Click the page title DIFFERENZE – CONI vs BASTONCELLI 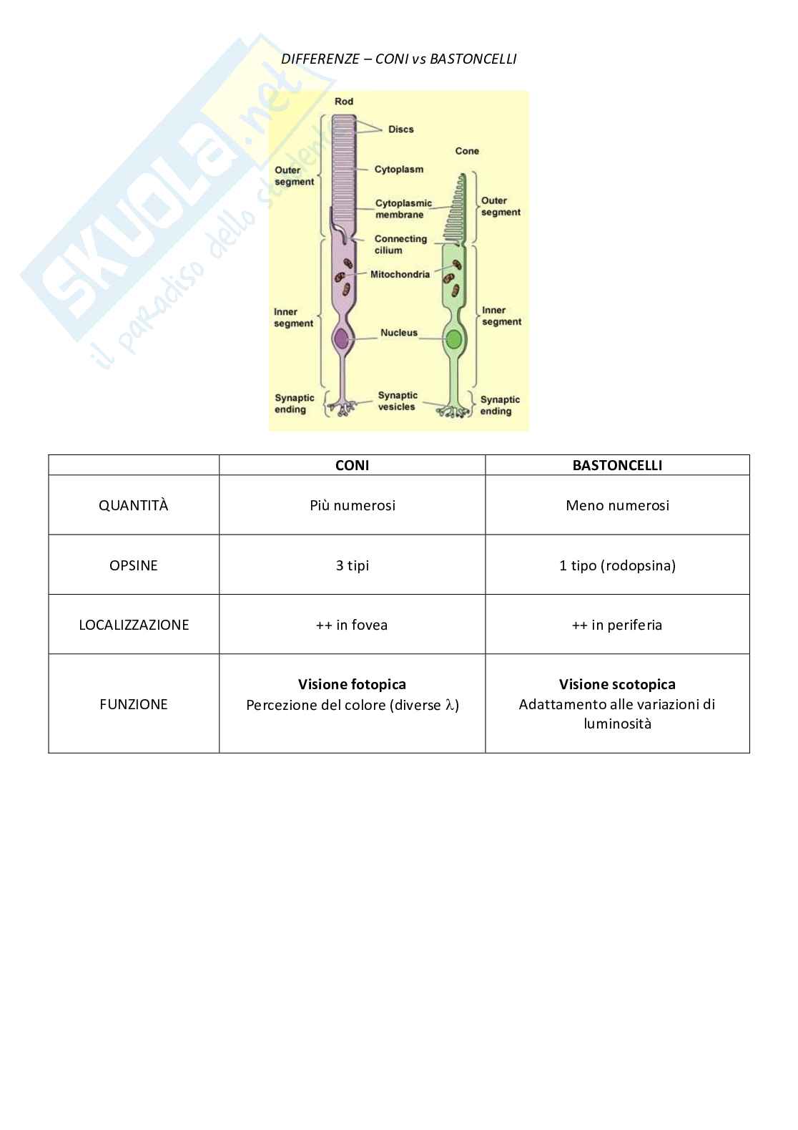(398, 59)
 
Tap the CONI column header (352, 465)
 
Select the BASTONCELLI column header (617, 465)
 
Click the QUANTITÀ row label (134, 505)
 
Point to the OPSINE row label (134, 565)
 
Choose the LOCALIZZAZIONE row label (134, 625)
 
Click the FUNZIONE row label (134, 704)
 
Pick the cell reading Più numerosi (352, 505)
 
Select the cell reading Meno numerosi (617, 505)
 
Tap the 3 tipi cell (352, 565)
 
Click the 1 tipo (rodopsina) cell (617, 565)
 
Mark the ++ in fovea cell (352, 625)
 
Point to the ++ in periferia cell (617, 625)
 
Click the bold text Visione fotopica (352, 684)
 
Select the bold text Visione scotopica (617, 684)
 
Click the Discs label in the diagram (400, 130)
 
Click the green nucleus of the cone (453, 339)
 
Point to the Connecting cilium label (400, 244)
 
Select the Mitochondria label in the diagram (400, 274)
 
